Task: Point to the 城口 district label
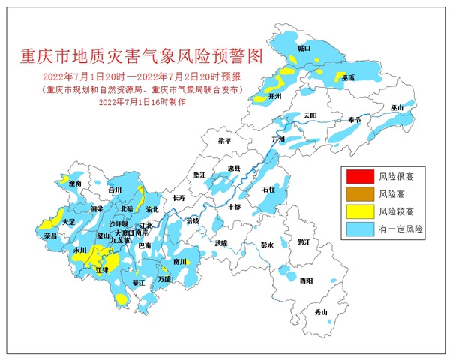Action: pyautogui.click(x=304, y=48)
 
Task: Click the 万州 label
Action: pyautogui.click(x=279, y=139)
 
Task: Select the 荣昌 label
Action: pyautogui.click(x=51, y=235)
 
